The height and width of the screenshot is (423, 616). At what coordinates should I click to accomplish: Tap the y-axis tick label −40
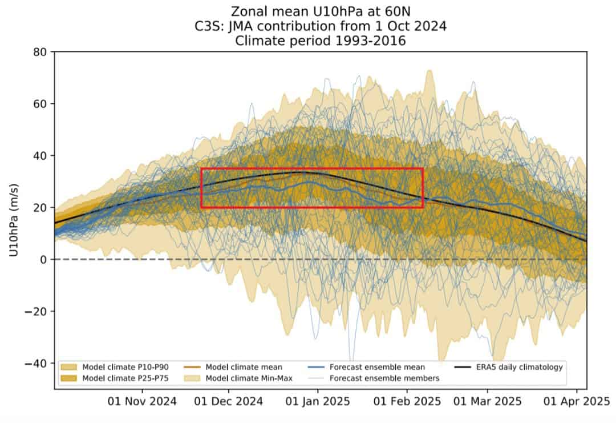coord(35,363)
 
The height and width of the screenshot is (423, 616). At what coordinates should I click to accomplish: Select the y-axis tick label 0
coord(43,260)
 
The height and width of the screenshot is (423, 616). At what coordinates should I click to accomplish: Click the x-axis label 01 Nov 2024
coord(142,401)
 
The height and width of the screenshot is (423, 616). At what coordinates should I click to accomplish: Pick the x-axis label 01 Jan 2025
coord(318,401)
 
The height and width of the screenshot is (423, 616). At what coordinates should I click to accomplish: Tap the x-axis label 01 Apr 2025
coord(576,401)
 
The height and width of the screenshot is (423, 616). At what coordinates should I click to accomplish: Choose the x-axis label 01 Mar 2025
coord(488,401)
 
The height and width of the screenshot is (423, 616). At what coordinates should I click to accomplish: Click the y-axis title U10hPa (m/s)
coord(14,220)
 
